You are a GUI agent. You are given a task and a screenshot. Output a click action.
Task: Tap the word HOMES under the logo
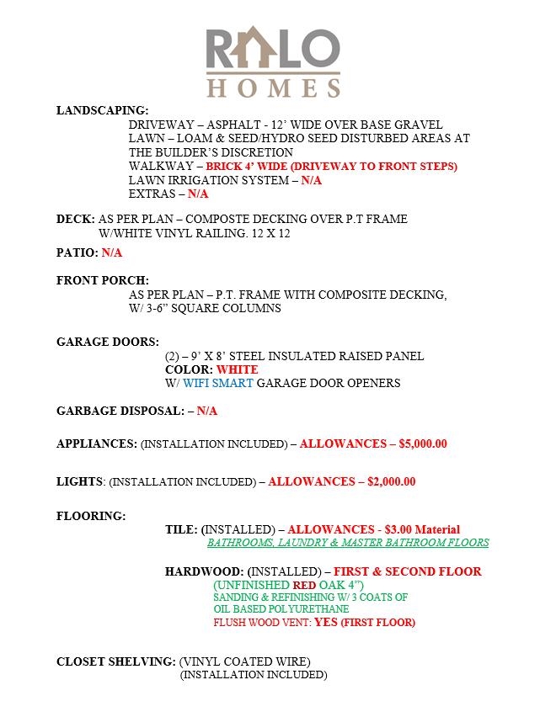click(x=274, y=87)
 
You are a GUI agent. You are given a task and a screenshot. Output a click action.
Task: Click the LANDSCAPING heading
click(x=102, y=110)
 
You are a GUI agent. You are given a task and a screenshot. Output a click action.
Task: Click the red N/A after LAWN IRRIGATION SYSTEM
click(x=311, y=180)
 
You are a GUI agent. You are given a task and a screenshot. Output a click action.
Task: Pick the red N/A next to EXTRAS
click(x=197, y=194)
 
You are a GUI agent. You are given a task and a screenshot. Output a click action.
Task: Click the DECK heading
click(x=75, y=219)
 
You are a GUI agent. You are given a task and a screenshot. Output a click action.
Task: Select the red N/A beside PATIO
click(x=111, y=252)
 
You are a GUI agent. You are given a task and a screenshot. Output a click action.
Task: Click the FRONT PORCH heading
click(x=102, y=280)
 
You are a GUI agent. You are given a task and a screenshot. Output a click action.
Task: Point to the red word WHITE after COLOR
click(x=237, y=369)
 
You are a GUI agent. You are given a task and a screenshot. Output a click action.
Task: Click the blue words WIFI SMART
click(x=217, y=383)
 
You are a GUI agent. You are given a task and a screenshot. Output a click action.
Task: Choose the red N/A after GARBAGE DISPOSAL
click(x=206, y=411)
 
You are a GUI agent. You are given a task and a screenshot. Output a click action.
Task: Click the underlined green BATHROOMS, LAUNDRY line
click(x=347, y=543)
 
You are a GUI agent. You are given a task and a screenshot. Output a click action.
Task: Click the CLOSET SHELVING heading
click(x=115, y=661)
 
